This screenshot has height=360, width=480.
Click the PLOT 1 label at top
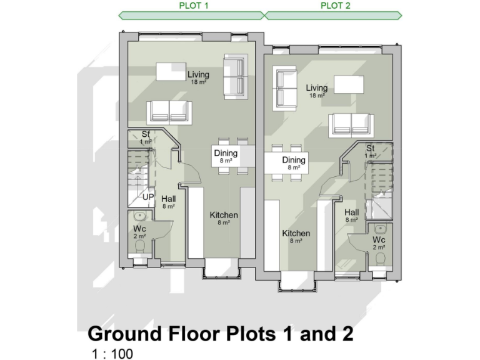pos(191,6)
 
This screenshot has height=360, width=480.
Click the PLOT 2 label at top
pos(335,6)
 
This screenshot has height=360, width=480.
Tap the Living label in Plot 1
pos(198,76)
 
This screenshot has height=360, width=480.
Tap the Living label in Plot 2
pos(317,88)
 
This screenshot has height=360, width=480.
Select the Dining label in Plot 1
pos(226,154)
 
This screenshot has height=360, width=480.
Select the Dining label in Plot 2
pos(294,161)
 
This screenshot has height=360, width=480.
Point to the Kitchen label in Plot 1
pos(224,216)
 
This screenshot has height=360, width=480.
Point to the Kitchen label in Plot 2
pos(296,234)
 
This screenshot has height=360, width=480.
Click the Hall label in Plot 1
pos(168,199)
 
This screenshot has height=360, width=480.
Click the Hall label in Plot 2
pos(351,212)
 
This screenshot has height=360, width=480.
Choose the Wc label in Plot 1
pos(139,229)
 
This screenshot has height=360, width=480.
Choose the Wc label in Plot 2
pos(379,240)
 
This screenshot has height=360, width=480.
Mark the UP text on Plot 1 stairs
pos(148,197)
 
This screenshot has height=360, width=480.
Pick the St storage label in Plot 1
pos(146,135)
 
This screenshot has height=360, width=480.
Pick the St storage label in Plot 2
pos(371,148)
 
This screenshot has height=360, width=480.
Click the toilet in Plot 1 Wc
pos(139,247)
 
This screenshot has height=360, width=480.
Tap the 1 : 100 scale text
pos(112,354)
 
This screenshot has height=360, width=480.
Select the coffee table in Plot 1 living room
pos(165,72)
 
